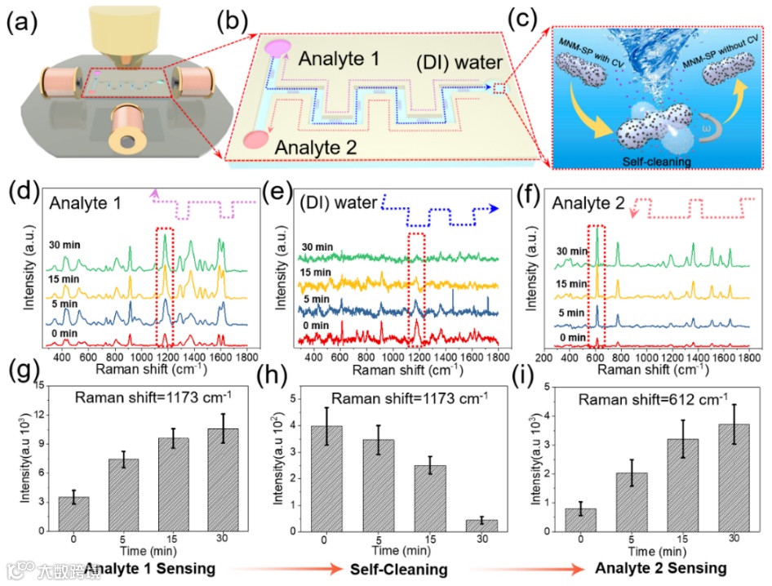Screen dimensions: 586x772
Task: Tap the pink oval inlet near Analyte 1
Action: tap(277, 47)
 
